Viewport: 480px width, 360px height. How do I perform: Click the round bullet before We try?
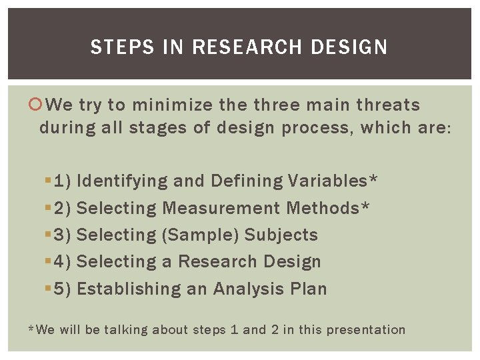[43, 105]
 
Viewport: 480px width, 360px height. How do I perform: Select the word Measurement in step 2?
[221, 208]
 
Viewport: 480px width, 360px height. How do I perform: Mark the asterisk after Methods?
[365, 206]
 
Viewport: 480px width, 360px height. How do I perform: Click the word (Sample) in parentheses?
[201, 235]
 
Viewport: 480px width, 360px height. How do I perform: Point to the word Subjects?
[281, 235]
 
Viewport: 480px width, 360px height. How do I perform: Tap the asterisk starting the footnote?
[31, 329]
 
